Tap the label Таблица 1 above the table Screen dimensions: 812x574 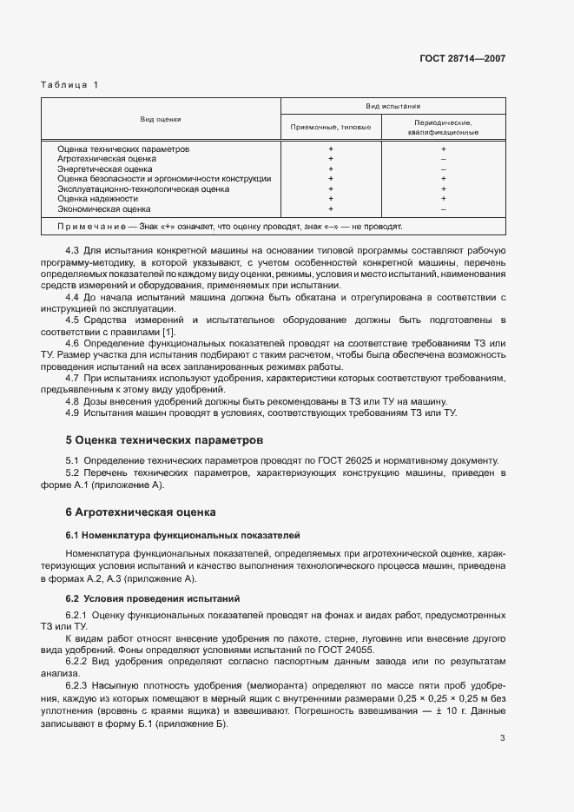tap(70, 84)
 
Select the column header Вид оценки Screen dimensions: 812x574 tap(161, 119)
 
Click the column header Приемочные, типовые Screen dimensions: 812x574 tap(331, 127)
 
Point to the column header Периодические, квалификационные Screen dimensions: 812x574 tap(443, 128)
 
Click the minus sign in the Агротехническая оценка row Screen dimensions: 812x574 tap(443, 159)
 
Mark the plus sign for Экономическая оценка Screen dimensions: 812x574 tap(331, 208)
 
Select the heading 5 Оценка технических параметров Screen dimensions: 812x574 tap(164, 441)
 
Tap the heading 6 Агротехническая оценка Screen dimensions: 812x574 tap(141, 512)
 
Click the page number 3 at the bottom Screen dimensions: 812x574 tap(503, 739)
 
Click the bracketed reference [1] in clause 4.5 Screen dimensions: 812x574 tap(170, 332)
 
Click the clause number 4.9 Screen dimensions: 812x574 tap(73, 413)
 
